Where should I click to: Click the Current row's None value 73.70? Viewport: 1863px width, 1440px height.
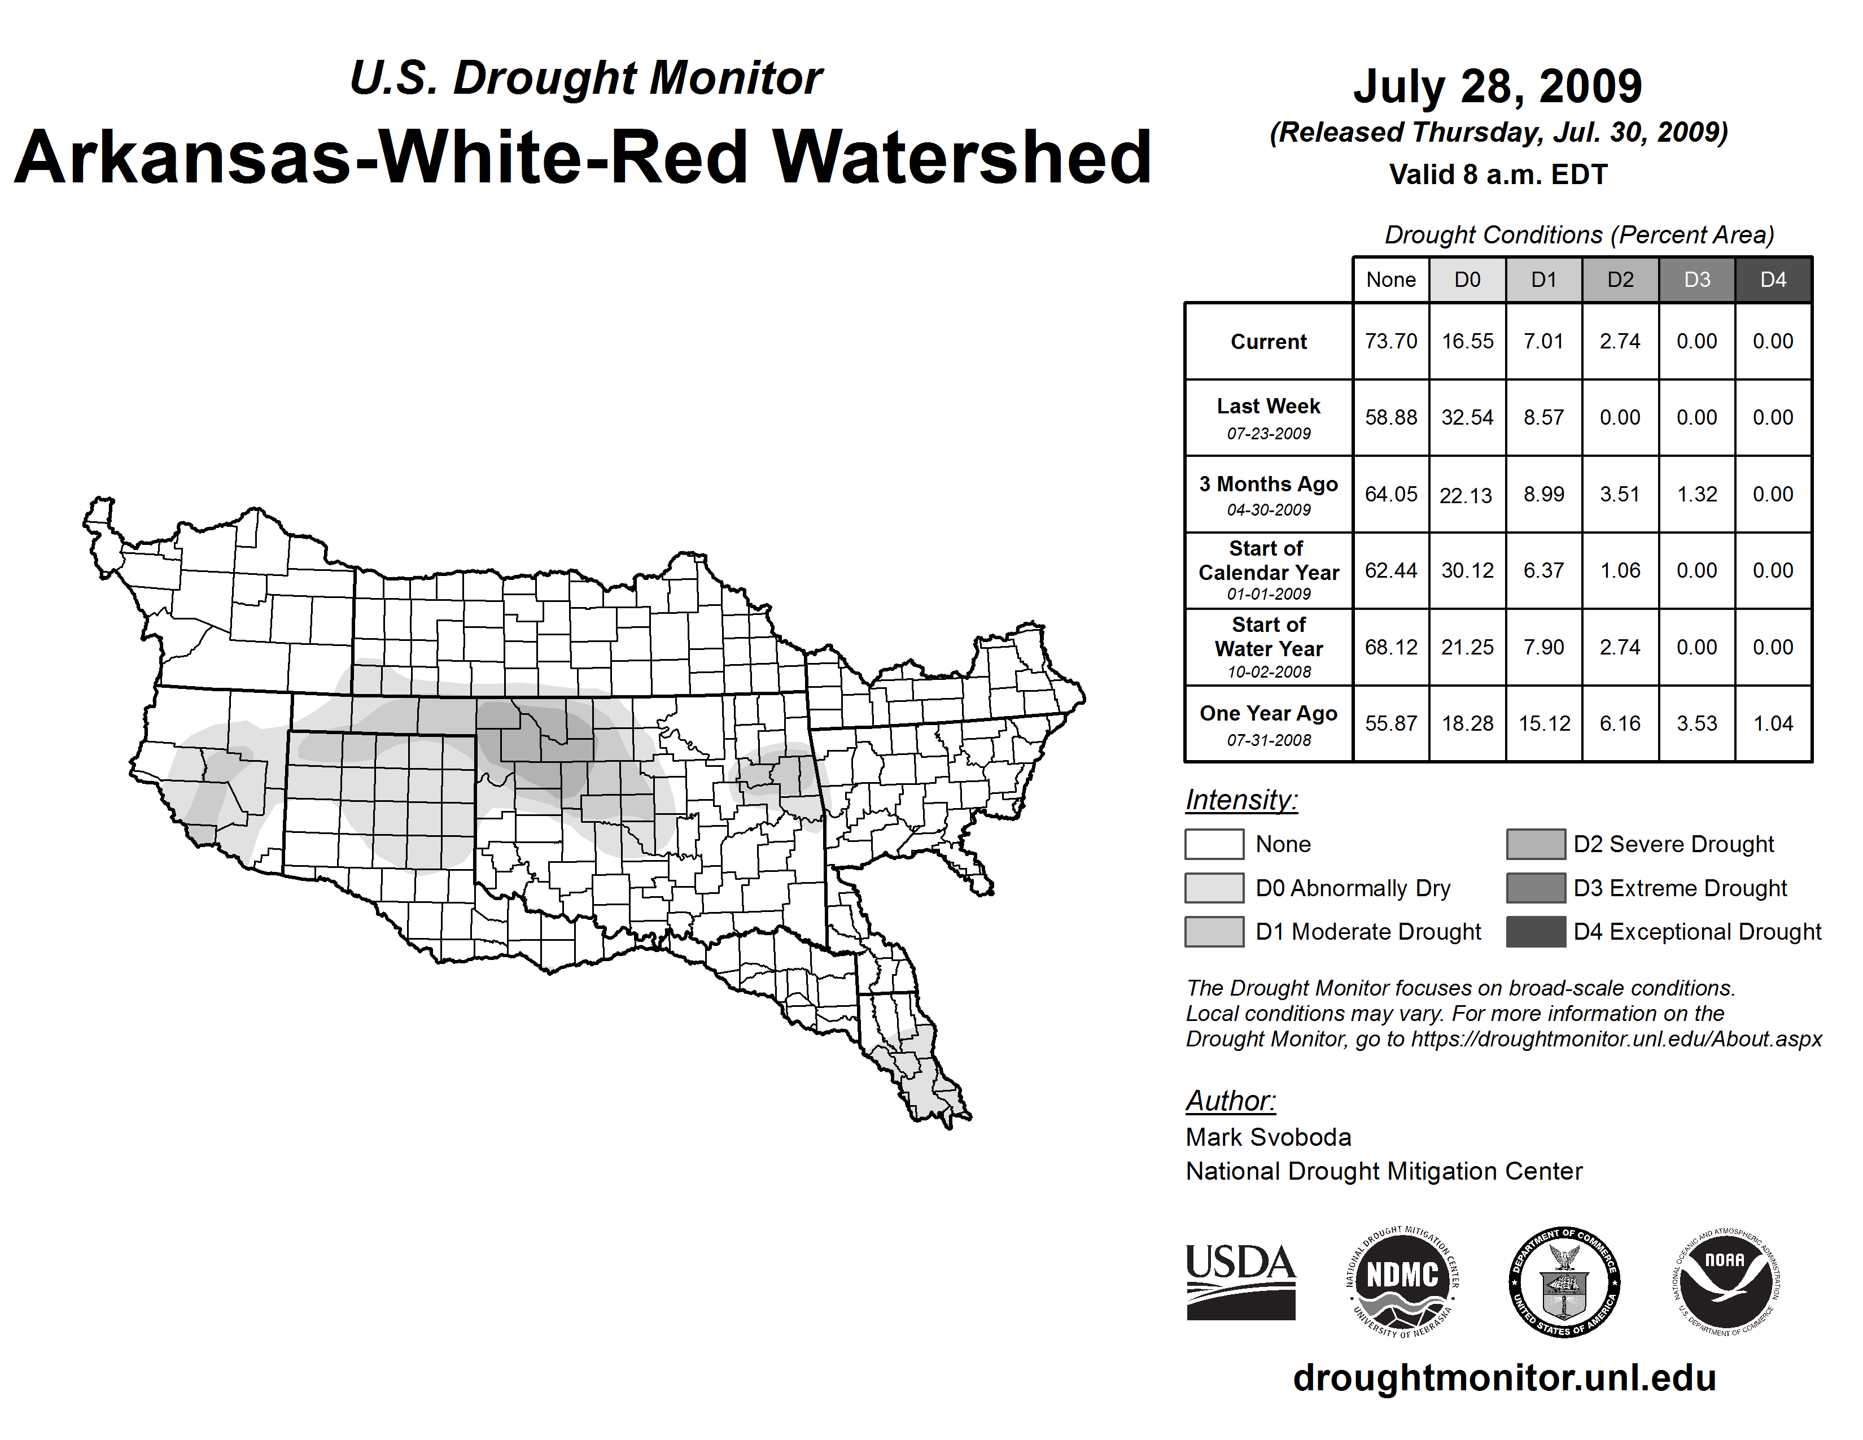pyautogui.click(x=1390, y=341)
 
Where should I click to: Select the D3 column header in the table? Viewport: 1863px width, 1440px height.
pyautogui.click(x=1696, y=280)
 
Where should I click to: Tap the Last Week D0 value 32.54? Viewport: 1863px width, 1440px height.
pyautogui.click(x=1467, y=417)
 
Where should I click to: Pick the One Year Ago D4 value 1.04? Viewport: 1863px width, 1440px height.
pyautogui.click(x=1773, y=723)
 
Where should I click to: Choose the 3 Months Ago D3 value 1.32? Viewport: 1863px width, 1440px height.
pyautogui.click(x=1696, y=494)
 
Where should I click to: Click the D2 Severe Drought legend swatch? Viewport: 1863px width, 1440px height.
pyautogui.click(x=1536, y=844)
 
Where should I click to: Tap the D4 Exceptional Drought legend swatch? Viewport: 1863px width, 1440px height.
pyautogui.click(x=1536, y=932)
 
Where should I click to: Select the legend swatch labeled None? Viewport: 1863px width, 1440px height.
pyautogui.click(x=1214, y=844)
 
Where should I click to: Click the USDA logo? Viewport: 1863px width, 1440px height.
pyautogui.click(x=1241, y=1281)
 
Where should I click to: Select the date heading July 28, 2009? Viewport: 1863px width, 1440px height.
pyautogui.click(x=1497, y=86)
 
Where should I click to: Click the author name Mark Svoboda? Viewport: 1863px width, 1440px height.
pyautogui.click(x=1269, y=1137)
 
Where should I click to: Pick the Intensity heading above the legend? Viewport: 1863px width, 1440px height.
pyautogui.click(x=1241, y=800)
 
